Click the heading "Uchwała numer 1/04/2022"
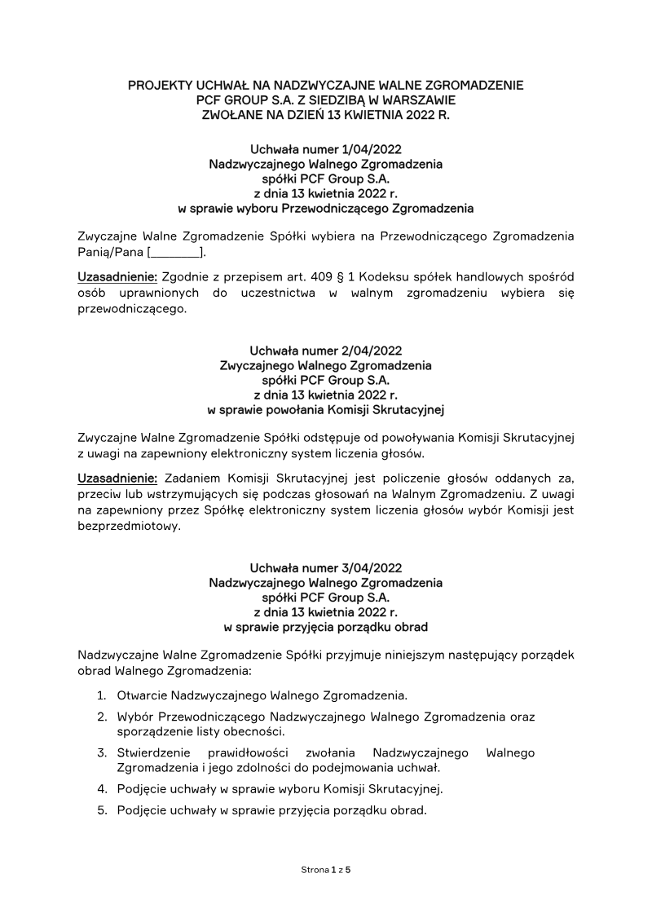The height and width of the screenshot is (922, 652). pos(325,149)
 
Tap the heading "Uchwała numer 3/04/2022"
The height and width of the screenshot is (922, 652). pos(325,567)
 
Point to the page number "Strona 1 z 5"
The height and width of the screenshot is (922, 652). pos(326,870)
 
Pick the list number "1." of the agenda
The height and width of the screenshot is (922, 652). pos(102,695)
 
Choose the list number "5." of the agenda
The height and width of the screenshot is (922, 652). pos(102,811)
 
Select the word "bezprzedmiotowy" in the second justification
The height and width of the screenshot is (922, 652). pos(129,526)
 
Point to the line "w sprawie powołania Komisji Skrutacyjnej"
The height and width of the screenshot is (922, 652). pos(325,409)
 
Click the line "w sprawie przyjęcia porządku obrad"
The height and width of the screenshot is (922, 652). pos(325,627)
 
